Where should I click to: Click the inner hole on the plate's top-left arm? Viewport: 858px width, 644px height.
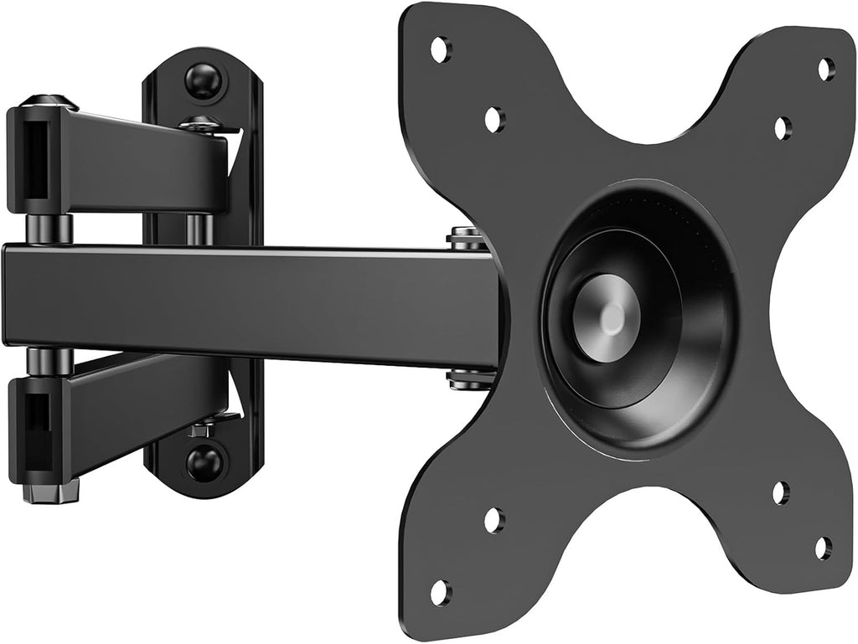pos(494,119)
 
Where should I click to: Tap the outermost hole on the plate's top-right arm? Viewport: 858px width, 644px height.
pos(826,69)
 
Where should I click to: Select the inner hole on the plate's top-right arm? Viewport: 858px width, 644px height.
pos(781,128)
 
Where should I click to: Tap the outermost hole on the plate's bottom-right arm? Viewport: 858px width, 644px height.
pos(824,548)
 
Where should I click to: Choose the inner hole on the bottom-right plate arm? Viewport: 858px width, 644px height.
pos(781,492)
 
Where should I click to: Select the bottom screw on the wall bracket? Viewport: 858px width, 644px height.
pos(204,461)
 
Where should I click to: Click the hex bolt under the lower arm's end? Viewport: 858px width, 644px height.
pos(49,491)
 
